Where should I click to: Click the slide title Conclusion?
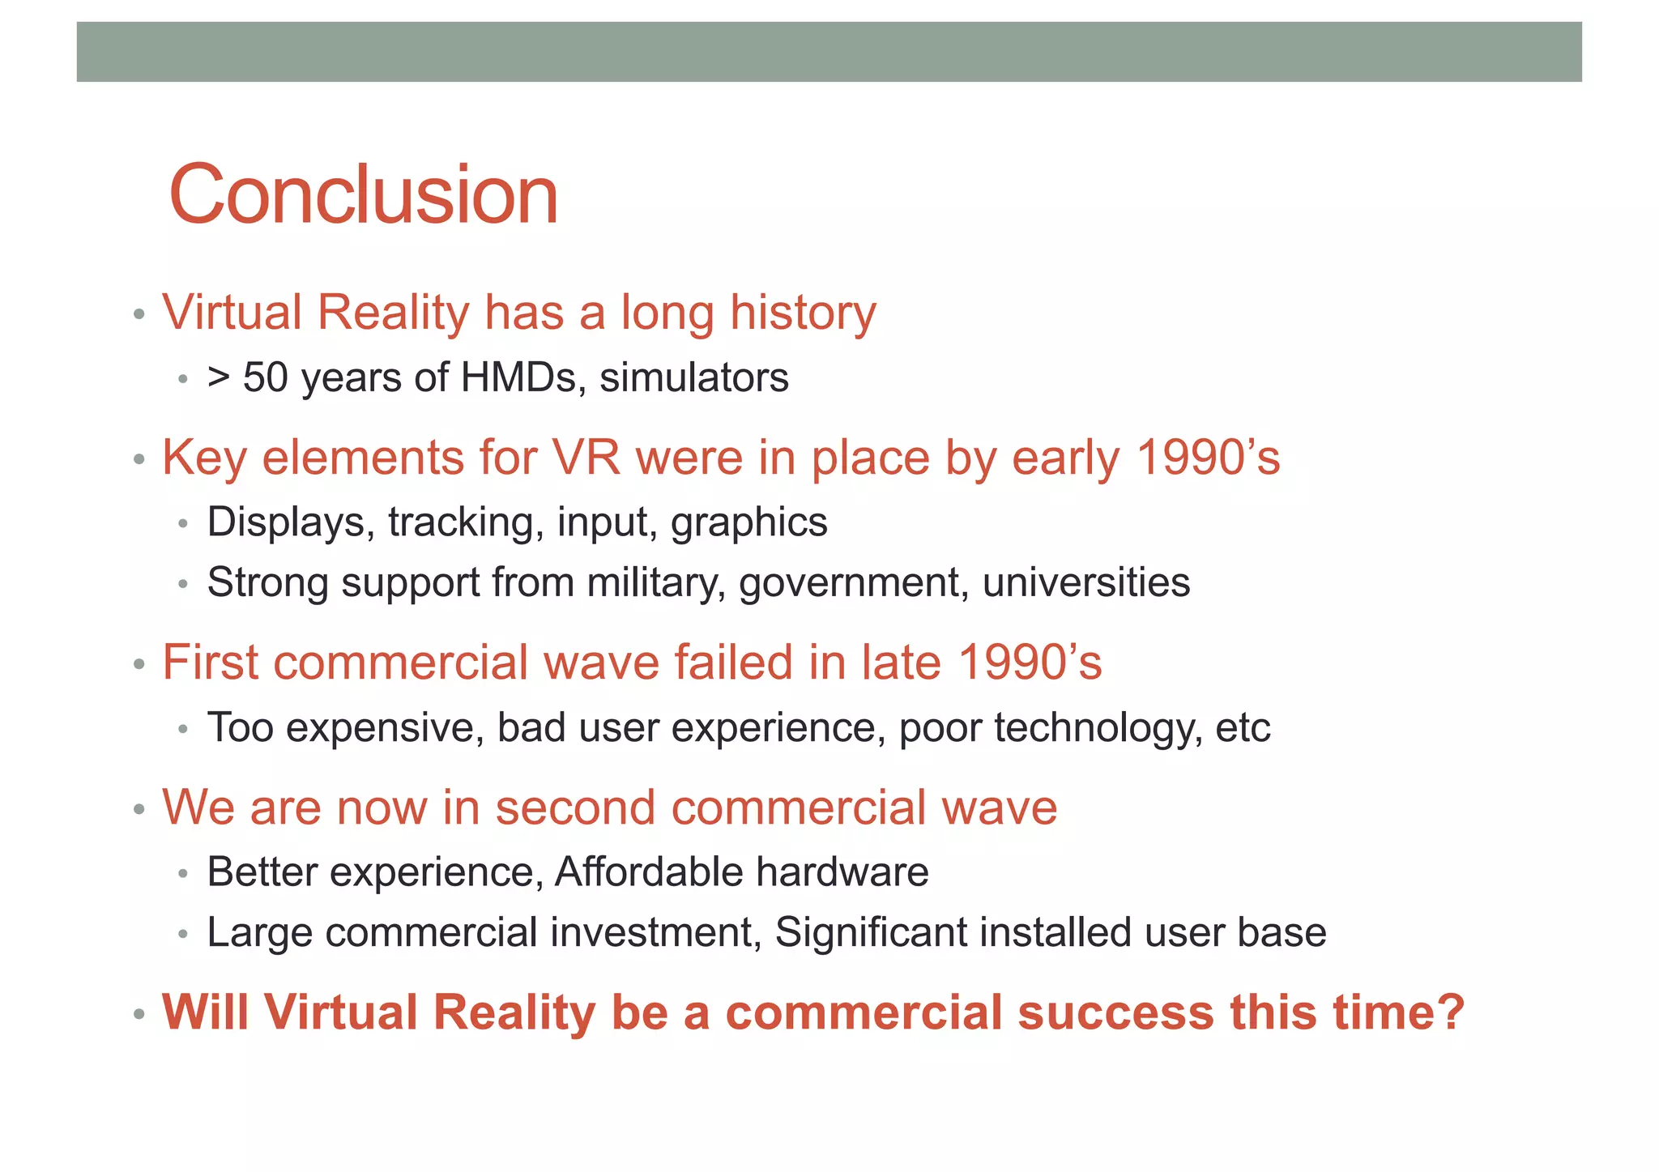coord(364,195)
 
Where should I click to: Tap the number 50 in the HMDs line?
coord(265,378)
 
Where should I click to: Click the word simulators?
coord(694,378)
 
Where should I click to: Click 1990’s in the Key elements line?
coord(1208,458)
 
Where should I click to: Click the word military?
coord(656,583)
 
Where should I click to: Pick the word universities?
coord(1086,583)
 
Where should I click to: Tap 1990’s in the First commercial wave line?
coord(1030,663)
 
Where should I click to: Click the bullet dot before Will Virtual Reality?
coord(139,1014)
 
